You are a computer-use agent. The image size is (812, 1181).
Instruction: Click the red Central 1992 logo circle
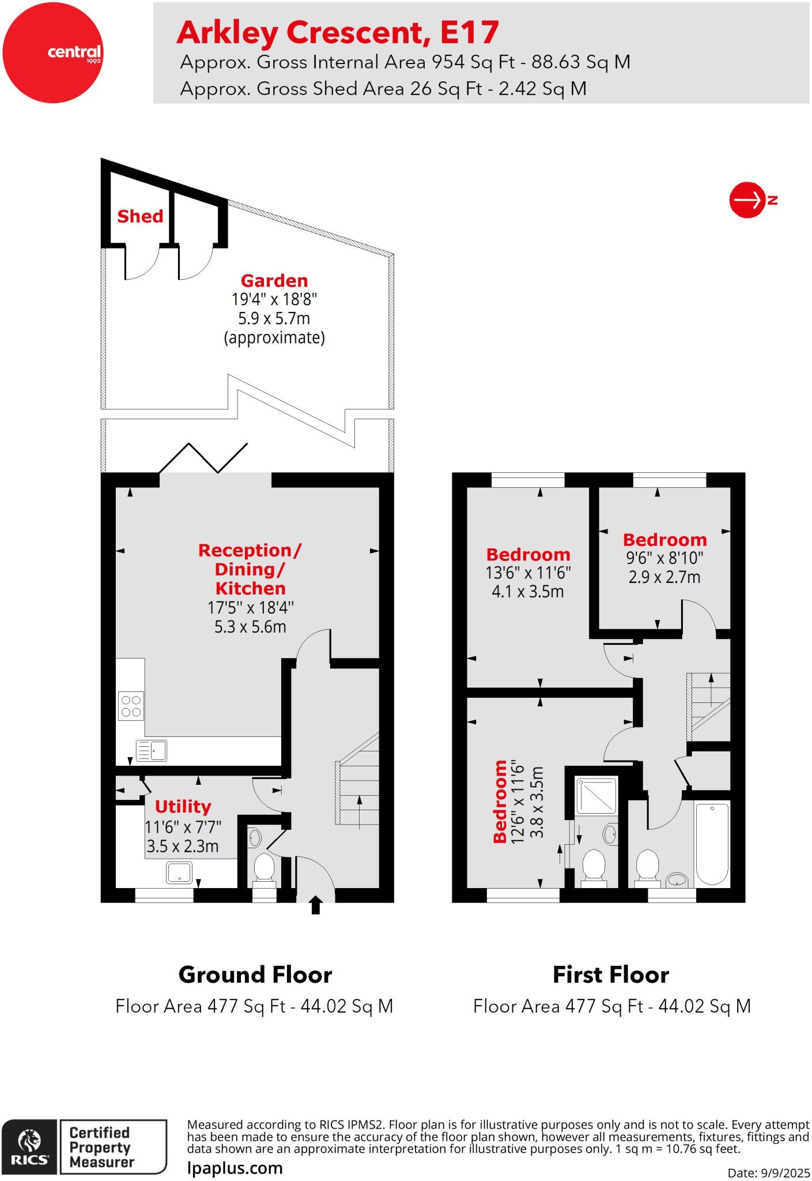[52, 53]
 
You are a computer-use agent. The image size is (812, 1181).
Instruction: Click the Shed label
[140, 216]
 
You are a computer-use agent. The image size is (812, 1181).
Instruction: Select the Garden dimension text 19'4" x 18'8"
[274, 299]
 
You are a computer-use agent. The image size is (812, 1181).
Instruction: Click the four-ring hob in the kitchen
[131, 706]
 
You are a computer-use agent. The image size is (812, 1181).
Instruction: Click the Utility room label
[183, 806]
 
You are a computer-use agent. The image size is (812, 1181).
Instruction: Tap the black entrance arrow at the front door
[315, 905]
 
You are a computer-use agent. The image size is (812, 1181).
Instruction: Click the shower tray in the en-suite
[597, 795]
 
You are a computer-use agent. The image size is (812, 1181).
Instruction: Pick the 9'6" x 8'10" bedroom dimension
[664, 558]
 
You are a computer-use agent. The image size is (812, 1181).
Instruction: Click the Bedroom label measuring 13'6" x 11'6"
[528, 555]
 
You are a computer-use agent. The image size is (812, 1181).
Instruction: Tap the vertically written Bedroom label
[500, 801]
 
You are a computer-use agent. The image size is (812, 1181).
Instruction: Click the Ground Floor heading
[255, 975]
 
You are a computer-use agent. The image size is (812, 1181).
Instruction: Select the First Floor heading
[610, 975]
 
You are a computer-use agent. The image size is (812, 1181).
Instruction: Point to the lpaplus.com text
[235, 1168]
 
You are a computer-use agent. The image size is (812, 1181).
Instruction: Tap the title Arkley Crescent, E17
[337, 32]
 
